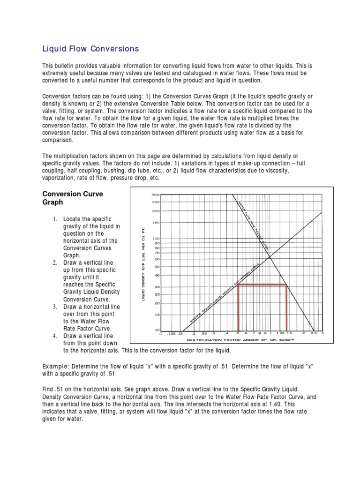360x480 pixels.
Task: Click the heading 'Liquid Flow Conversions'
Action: tap(91, 48)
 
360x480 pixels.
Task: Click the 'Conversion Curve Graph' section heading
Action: tap(73, 198)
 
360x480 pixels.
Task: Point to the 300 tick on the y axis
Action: tap(156, 194)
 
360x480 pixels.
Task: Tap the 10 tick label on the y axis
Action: tap(157, 330)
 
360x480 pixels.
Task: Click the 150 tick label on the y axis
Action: tap(156, 222)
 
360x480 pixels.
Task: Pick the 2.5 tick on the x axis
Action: tap(314, 334)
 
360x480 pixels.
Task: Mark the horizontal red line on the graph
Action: tap(262, 285)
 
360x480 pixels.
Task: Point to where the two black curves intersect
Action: tap(270, 256)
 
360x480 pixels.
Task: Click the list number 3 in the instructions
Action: tap(54, 307)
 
